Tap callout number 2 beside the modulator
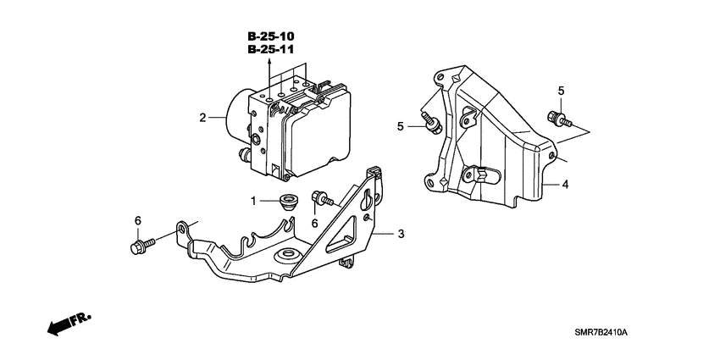click(x=202, y=118)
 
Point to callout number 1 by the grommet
click(x=252, y=201)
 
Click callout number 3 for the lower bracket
click(x=402, y=234)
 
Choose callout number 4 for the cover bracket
click(x=564, y=184)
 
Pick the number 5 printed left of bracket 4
click(x=402, y=126)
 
